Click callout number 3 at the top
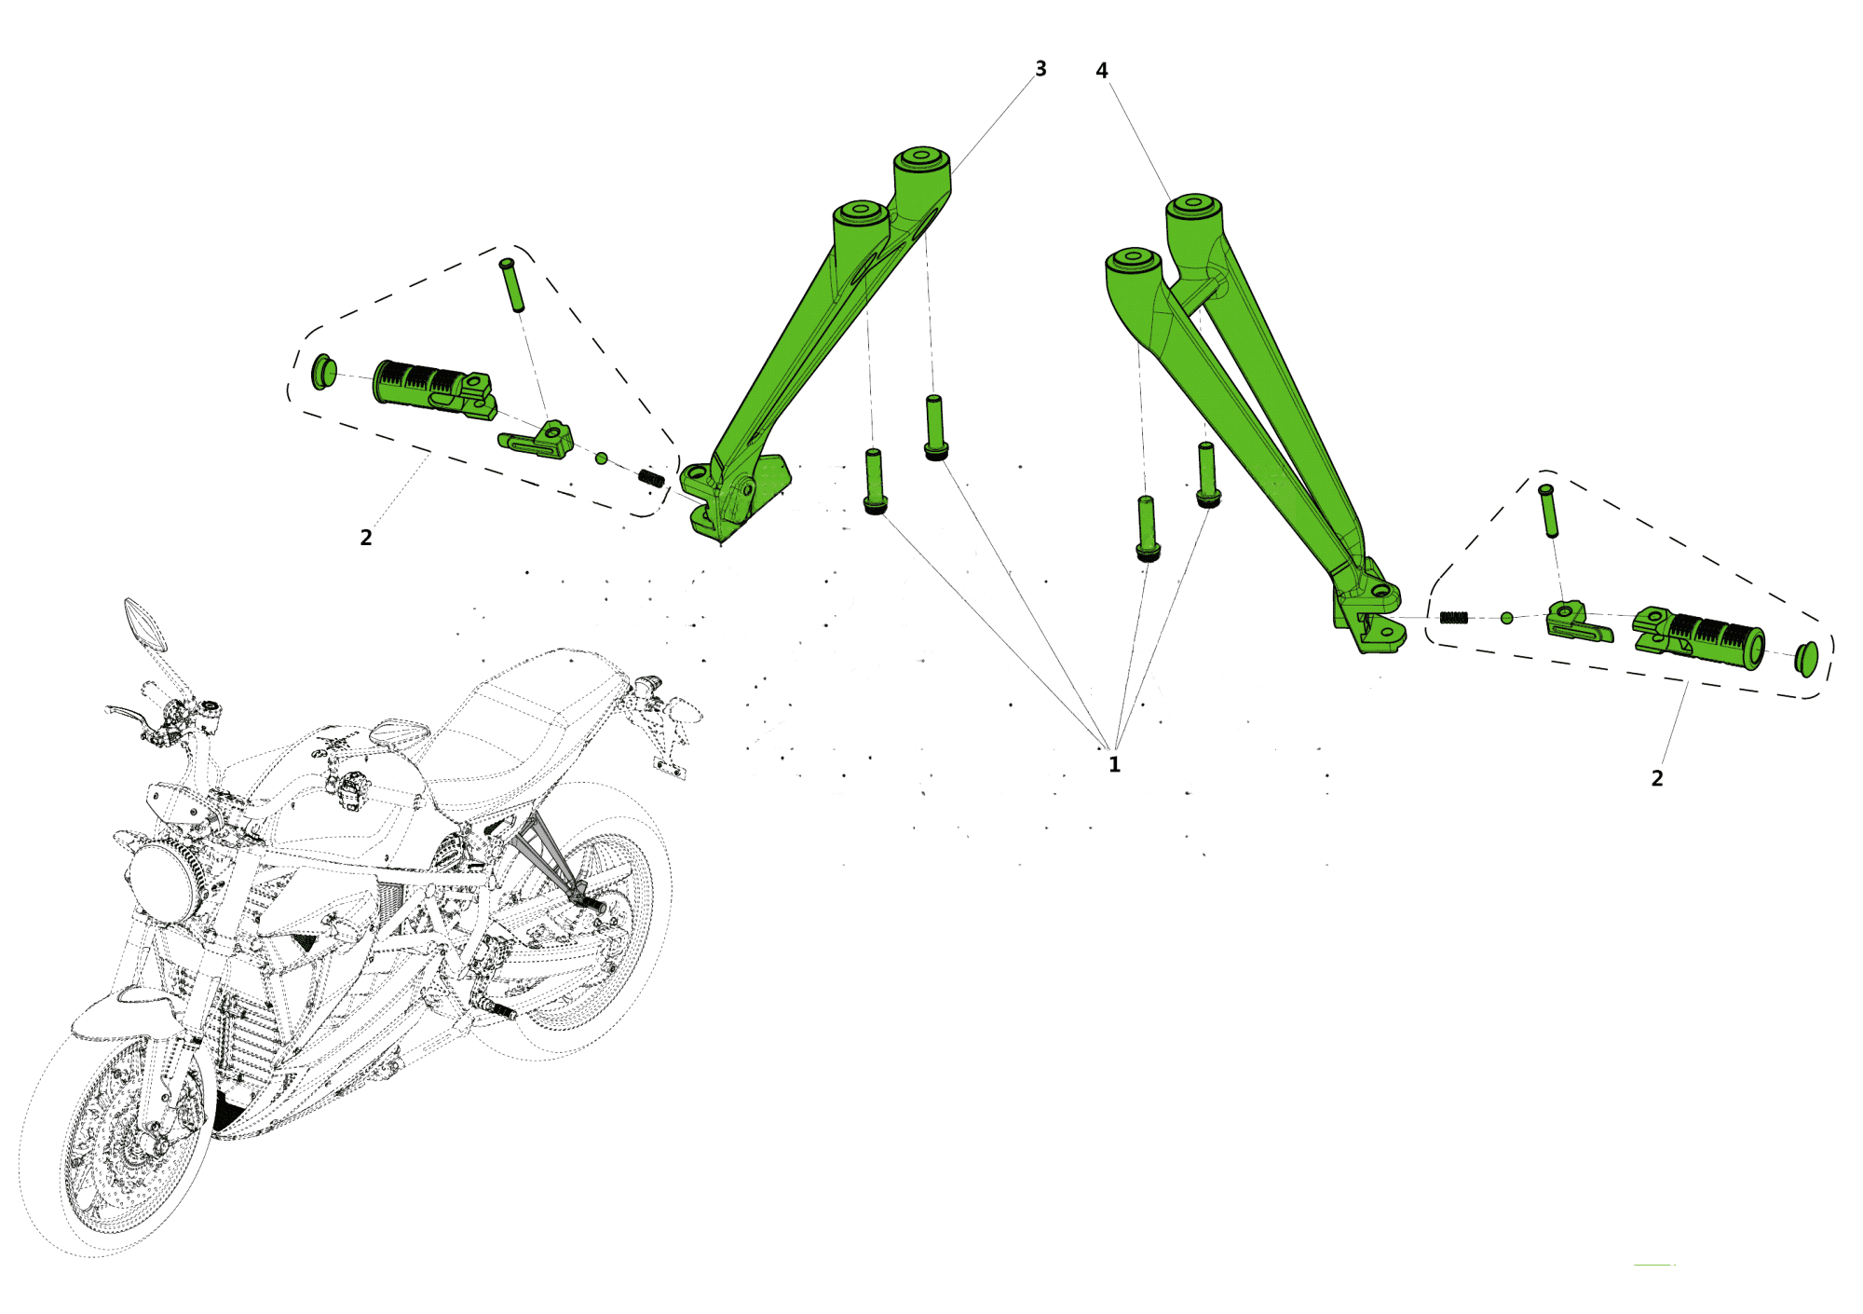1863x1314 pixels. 1040,69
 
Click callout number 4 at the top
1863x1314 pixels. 1102,71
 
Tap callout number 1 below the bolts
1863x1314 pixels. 1114,765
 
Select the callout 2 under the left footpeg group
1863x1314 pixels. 366,538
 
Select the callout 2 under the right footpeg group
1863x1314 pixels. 1657,778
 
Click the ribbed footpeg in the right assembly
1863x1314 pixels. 1699,638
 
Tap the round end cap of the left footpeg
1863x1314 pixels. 323,371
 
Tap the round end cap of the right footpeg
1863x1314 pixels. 1806,659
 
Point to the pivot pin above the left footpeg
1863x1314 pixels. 512,284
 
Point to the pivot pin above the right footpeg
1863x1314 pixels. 1548,510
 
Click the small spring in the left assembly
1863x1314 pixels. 651,478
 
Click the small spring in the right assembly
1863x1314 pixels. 1454,618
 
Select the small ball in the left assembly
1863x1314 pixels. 602,459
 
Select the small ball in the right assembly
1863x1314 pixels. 1507,618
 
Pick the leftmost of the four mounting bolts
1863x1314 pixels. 874,481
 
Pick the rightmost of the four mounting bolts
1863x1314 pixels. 1207,474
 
